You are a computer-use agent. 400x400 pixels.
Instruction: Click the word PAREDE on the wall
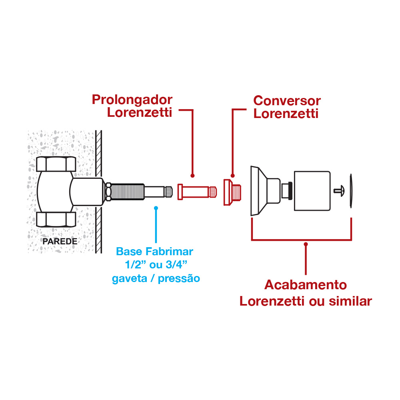[x=60, y=241]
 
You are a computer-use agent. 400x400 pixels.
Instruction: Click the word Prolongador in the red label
[x=132, y=99]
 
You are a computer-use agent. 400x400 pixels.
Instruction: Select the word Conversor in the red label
[x=287, y=100]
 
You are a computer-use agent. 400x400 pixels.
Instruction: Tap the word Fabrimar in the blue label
[x=169, y=252]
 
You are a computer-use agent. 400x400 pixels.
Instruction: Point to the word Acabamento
[x=306, y=285]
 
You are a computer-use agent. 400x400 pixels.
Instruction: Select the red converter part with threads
[x=233, y=192]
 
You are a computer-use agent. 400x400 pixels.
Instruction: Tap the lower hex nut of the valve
[x=56, y=219]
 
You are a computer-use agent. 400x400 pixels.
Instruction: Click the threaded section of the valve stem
[x=127, y=192]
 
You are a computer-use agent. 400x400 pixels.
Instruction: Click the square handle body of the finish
[x=312, y=191]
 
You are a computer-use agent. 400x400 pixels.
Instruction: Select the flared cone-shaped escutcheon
[x=258, y=191]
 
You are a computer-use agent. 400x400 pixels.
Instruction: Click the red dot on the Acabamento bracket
[x=306, y=243]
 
